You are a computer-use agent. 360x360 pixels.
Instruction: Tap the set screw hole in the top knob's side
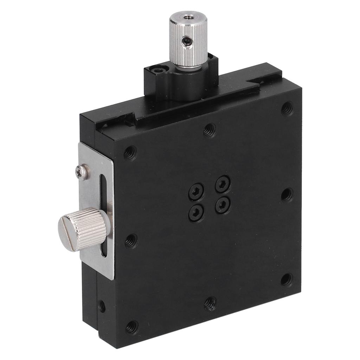click(x=187, y=42)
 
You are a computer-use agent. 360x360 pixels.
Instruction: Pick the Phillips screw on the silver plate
click(x=82, y=172)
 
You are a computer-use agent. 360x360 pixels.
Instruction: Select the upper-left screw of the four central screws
click(x=196, y=193)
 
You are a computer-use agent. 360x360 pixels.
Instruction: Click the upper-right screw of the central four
click(x=223, y=184)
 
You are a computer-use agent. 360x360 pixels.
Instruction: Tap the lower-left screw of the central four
click(x=196, y=212)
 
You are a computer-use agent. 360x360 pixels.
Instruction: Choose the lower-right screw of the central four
click(x=223, y=204)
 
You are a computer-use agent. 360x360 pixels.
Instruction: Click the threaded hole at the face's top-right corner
click(x=288, y=108)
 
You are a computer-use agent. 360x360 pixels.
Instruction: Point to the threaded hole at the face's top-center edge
click(x=210, y=130)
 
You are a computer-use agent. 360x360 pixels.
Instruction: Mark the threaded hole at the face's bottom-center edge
click(x=210, y=303)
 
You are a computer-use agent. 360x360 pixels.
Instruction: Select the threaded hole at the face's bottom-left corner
click(x=131, y=327)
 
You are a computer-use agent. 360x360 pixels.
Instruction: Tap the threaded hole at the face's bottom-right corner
click(x=287, y=280)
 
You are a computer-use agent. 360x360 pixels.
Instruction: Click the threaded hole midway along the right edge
click(x=287, y=194)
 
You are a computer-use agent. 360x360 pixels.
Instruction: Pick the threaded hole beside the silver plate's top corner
click(x=130, y=153)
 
